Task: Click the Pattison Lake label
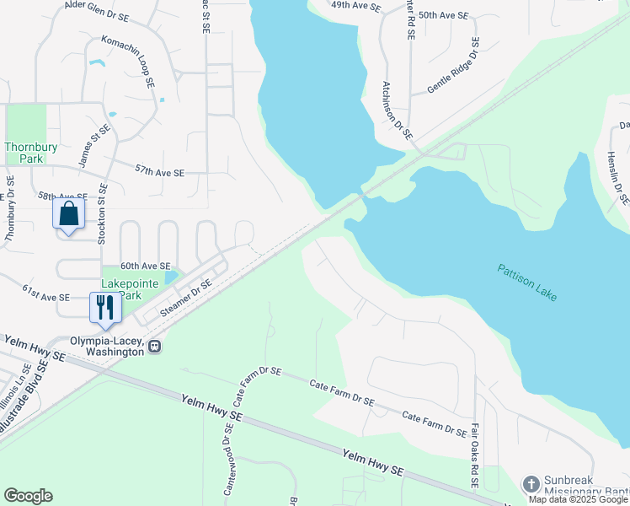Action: coord(527,283)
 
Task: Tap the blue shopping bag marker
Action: coord(69,213)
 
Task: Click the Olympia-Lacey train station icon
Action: coord(155,346)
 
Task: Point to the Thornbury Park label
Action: coord(31,153)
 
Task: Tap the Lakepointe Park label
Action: coord(130,289)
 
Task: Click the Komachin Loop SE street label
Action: coord(128,62)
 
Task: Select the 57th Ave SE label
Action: coord(159,171)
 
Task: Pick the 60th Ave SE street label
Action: coord(145,265)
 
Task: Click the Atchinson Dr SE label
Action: coord(396,110)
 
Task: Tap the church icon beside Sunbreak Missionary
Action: coord(531,483)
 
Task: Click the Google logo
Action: coord(28,496)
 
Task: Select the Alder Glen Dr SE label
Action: coord(98,11)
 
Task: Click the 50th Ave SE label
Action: coord(444,15)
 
